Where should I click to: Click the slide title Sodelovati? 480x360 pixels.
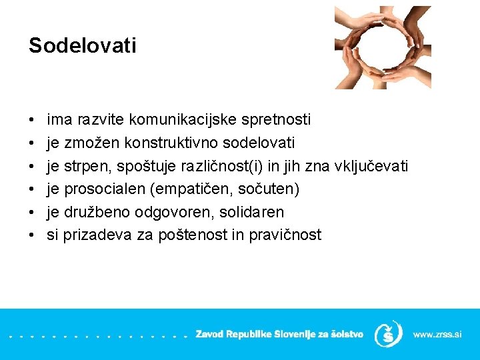pos(82,46)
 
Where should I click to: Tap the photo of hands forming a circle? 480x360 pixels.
pos(383,47)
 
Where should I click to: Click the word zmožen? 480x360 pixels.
pos(87,143)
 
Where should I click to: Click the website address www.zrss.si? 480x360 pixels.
pos(437,334)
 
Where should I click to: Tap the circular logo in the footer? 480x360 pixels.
pos(388,333)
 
